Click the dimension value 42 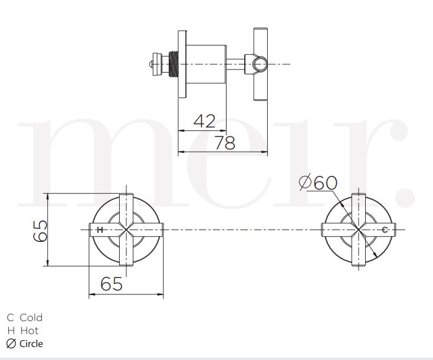point(204,121)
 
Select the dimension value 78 point(224,142)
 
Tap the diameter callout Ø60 point(319,183)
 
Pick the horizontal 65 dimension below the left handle point(111,284)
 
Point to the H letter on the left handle point(100,229)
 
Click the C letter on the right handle point(385,229)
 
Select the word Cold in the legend point(31,318)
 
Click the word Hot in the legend point(29,330)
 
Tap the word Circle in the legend point(31,343)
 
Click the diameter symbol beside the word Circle point(11,343)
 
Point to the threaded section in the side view point(175,63)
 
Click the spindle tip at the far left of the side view point(151,63)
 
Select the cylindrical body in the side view point(207,63)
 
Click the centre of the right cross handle point(357,229)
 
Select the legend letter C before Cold point(10,318)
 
